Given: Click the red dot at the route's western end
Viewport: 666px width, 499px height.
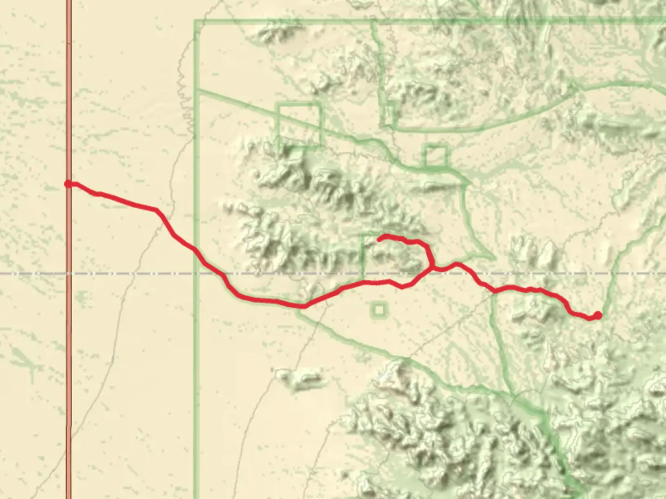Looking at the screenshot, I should tap(68, 184).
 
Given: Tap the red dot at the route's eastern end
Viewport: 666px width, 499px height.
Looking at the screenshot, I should tap(598, 316).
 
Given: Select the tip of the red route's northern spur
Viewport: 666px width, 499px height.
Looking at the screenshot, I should tap(380, 238).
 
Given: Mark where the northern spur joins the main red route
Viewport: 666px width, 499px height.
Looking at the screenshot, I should tap(432, 267).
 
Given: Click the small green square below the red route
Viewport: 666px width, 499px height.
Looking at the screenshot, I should tap(379, 310).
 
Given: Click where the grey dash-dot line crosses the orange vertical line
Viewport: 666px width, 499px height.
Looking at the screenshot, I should tap(68, 274).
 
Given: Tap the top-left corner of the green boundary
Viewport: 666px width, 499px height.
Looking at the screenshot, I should tap(196, 21).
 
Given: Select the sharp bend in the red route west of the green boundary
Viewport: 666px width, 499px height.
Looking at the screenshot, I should tap(157, 211).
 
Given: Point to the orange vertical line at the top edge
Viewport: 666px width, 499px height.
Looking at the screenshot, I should tap(68, 2).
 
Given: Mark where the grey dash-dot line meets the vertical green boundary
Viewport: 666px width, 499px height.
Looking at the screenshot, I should tap(196, 274).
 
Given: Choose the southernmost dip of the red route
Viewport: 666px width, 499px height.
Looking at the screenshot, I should tap(303, 306).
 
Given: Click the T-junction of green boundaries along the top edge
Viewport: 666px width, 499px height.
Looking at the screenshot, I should tap(374, 21).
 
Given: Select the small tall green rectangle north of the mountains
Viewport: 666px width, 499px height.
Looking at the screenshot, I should tap(388, 115).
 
